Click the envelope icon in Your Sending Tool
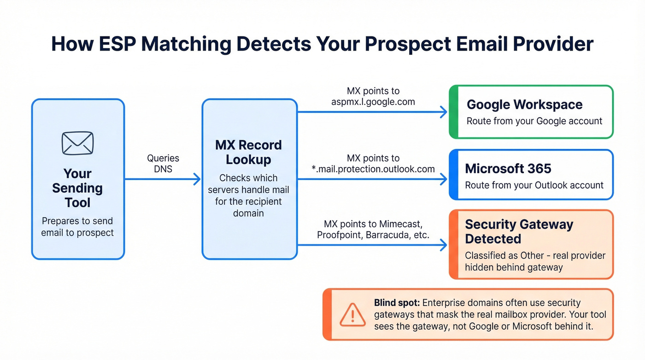click(x=77, y=143)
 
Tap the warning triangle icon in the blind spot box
click(x=352, y=315)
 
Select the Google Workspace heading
click(x=524, y=105)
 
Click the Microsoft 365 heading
click(x=508, y=169)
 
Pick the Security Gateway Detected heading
click(x=519, y=231)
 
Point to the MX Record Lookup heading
click(x=248, y=152)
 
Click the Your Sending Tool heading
click(x=77, y=188)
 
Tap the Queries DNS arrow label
click(x=163, y=163)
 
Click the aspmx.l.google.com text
click(x=373, y=102)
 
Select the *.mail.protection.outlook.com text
click(x=373, y=169)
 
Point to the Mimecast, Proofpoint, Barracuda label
click(x=373, y=230)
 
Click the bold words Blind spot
click(x=396, y=303)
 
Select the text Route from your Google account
click(x=534, y=121)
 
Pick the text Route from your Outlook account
click(x=534, y=185)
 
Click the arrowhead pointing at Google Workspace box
click(x=444, y=112)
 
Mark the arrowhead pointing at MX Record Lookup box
click(x=197, y=179)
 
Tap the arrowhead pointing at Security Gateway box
click(x=444, y=245)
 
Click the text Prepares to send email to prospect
click(x=77, y=227)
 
